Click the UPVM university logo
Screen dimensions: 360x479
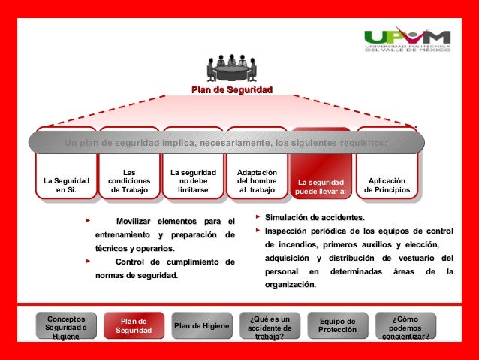(407, 41)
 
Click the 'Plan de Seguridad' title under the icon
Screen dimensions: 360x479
(231, 90)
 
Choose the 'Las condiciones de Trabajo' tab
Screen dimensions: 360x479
(129, 180)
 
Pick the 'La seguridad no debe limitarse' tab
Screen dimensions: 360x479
(193, 180)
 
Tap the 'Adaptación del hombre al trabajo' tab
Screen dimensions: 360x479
(257, 180)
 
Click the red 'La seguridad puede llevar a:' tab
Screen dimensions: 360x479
(321, 186)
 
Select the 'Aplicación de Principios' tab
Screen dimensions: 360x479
(387, 185)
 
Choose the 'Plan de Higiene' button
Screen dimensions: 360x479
(201, 326)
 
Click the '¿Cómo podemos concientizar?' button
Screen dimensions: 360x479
(405, 327)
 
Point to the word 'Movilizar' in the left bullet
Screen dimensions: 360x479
(134, 221)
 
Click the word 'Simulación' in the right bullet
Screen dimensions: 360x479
(290, 217)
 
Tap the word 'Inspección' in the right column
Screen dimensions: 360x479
(291, 231)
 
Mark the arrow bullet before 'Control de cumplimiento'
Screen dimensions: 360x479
(89, 261)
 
